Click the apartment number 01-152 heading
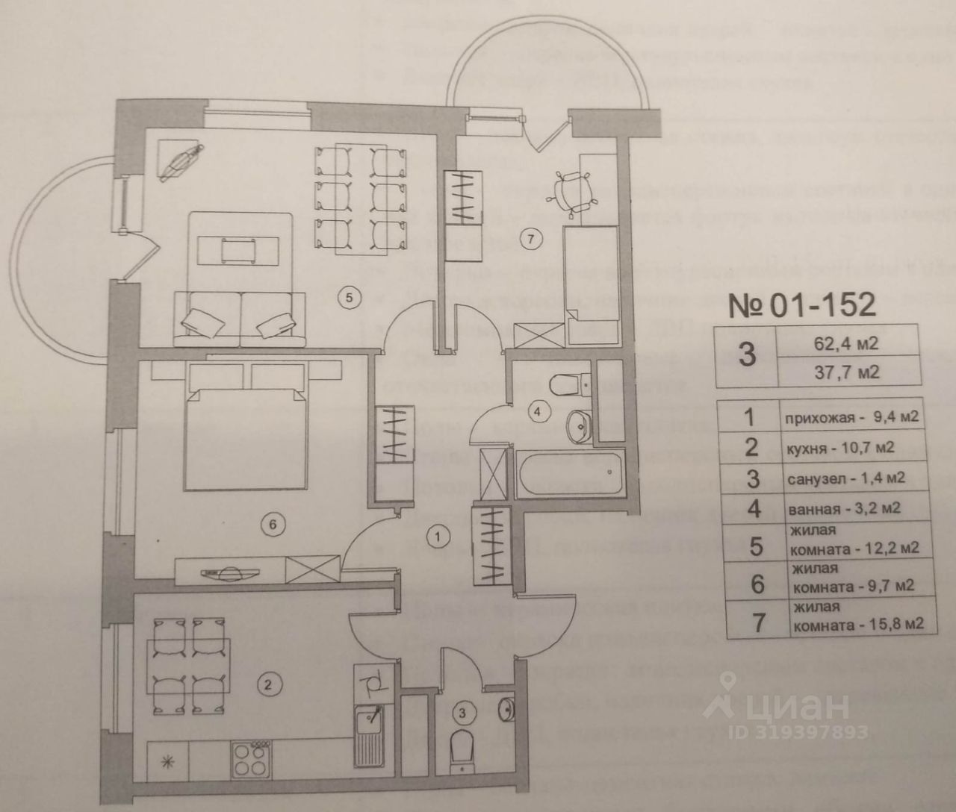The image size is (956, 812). point(801,304)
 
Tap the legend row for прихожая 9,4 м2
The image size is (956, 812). point(850,416)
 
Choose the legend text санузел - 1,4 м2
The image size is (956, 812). point(846,478)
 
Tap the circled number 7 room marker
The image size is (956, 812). point(531,240)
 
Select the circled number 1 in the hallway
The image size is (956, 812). point(439,534)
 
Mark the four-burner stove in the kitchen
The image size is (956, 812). point(250,760)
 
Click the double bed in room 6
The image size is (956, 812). point(246,429)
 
